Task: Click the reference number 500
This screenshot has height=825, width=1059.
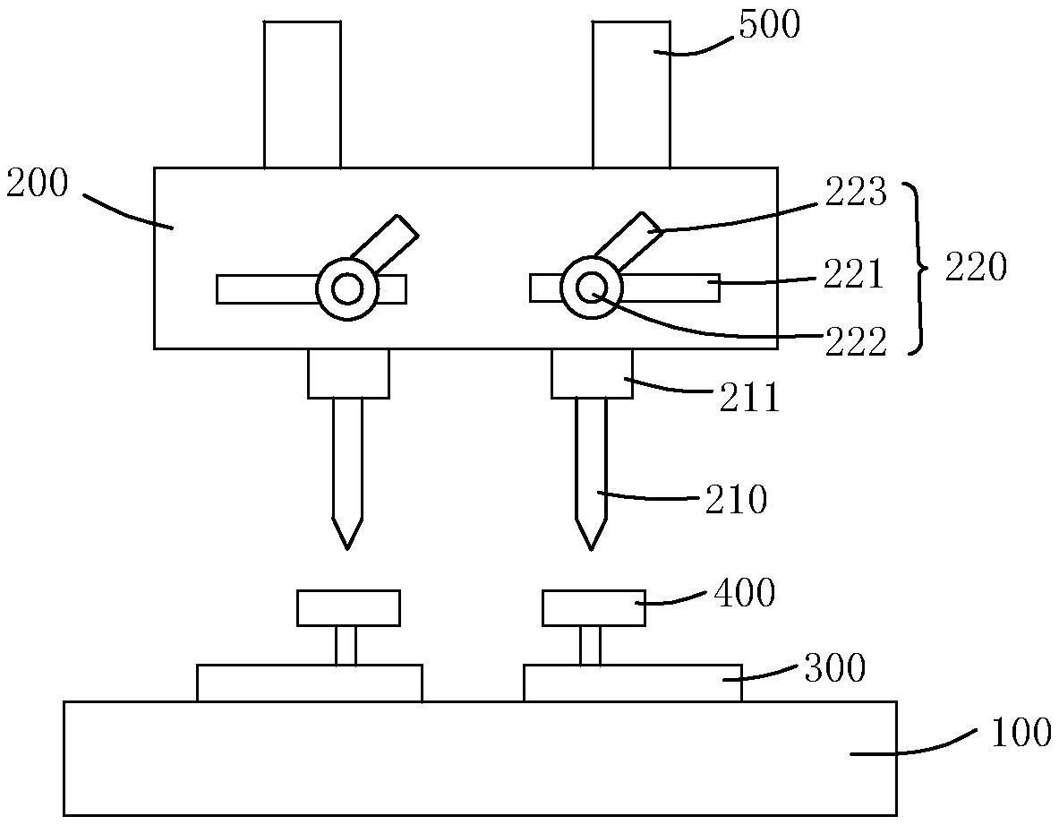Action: pos(767,25)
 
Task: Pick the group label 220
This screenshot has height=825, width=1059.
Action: pos(977,267)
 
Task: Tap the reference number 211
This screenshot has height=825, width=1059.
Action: pos(751,397)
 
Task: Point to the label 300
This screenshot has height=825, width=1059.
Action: pos(834,668)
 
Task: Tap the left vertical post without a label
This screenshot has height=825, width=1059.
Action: pos(302,94)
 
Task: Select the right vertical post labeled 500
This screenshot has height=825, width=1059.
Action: pos(630,94)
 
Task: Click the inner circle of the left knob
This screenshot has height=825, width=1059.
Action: pos(346,289)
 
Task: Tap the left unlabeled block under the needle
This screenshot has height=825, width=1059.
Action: pos(348,607)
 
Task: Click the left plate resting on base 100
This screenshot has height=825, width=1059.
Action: pos(309,683)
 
